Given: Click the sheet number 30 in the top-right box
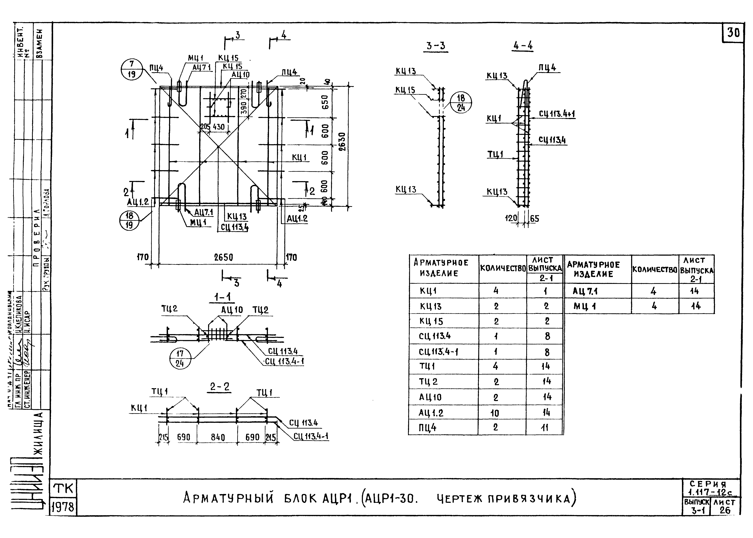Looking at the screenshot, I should click(733, 33).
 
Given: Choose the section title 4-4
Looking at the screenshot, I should click(523, 46).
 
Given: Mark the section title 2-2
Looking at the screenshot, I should click(219, 387).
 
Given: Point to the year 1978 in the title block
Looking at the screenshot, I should click(63, 507).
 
